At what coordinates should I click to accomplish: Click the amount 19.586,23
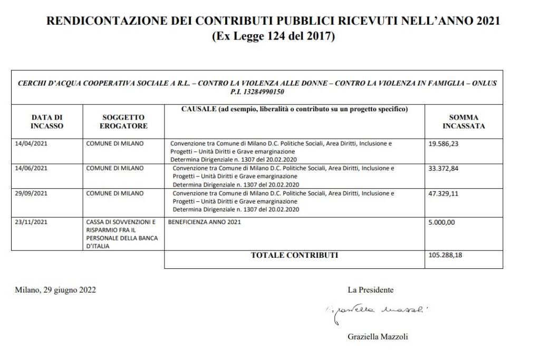(x=443, y=143)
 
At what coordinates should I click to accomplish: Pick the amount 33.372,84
(x=443, y=168)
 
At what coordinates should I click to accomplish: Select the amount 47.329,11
(x=443, y=193)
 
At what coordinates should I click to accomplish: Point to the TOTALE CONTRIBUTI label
(x=294, y=256)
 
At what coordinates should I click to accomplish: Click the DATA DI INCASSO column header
(x=47, y=122)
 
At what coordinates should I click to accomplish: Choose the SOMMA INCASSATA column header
(x=464, y=122)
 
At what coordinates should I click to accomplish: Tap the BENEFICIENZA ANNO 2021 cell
(x=204, y=222)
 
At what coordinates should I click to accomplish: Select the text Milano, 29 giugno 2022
(x=55, y=289)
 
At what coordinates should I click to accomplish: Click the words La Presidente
(x=370, y=289)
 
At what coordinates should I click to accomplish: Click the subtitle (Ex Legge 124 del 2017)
(x=273, y=37)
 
